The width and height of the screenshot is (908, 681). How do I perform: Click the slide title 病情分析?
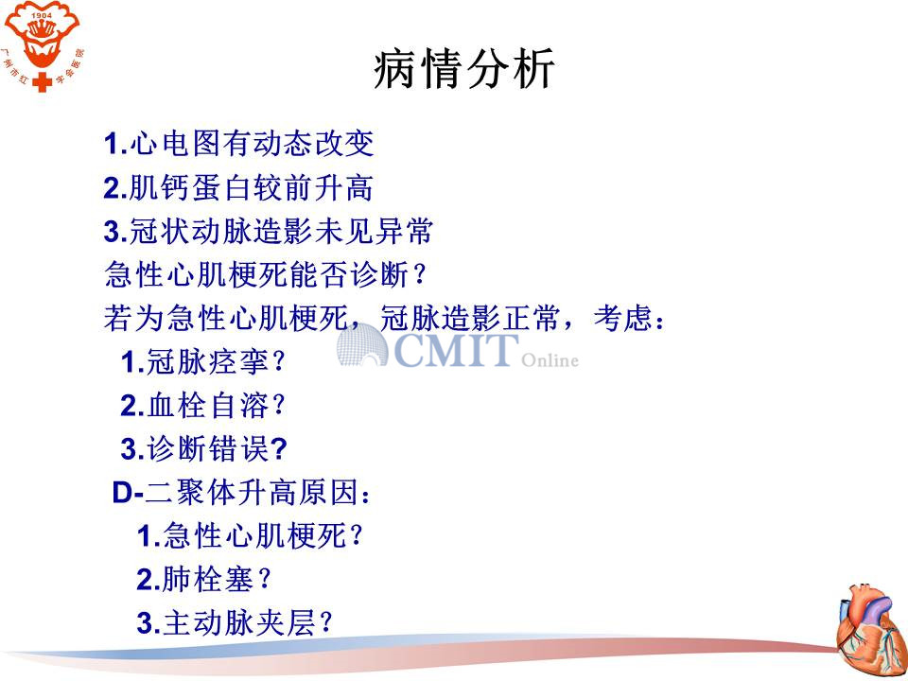(463, 69)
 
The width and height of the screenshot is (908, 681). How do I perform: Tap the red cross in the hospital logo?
(42, 82)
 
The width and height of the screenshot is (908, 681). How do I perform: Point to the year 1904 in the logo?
(41, 16)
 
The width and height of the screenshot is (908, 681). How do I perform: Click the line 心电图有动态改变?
(239, 143)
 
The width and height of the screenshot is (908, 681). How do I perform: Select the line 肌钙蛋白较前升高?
(238, 187)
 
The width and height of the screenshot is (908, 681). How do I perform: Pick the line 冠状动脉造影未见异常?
(268, 231)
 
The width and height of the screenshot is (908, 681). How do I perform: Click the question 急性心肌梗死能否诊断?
(265, 274)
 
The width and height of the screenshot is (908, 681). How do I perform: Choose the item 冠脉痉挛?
(203, 362)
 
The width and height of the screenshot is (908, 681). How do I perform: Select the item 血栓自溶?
(203, 406)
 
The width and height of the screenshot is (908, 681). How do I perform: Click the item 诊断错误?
(203, 448)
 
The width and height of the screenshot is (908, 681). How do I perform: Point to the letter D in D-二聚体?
(123, 494)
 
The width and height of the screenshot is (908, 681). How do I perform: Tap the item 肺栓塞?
(204, 579)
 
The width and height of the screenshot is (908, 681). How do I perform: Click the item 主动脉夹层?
(235, 622)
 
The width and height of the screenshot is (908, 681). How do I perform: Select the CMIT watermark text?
(456, 350)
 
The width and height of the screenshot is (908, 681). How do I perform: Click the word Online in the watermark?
(550, 360)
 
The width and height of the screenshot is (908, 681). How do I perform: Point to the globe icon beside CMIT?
(362, 345)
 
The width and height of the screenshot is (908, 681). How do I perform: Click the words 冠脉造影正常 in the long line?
(468, 318)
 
